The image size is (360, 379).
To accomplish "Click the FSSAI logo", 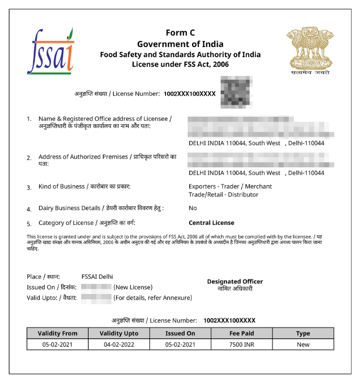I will click(x=50, y=51).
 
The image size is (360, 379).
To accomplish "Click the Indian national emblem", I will click(x=310, y=50).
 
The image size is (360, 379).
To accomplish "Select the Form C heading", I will click(x=180, y=33).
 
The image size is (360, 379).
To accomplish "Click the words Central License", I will click(x=211, y=223).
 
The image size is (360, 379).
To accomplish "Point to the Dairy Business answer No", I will click(x=192, y=208).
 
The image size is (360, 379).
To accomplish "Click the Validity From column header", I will click(x=58, y=333).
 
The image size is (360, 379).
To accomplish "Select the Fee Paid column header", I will click(x=241, y=333).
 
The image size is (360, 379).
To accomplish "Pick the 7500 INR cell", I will click(x=241, y=344).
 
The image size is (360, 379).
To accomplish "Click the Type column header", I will click(x=303, y=333).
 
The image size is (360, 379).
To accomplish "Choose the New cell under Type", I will click(x=303, y=344).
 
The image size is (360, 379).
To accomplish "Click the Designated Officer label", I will click(x=235, y=281).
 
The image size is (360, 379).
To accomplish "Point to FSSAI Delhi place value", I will click(x=97, y=277).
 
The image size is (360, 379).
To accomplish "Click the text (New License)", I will click(x=133, y=287).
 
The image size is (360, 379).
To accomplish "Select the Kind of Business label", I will click(x=84, y=186).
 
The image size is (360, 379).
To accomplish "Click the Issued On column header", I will click(x=180, y=333).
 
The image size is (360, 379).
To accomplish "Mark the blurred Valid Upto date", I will click(x=96, y=298).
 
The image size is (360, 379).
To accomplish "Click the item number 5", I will click(x=29, y=223).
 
